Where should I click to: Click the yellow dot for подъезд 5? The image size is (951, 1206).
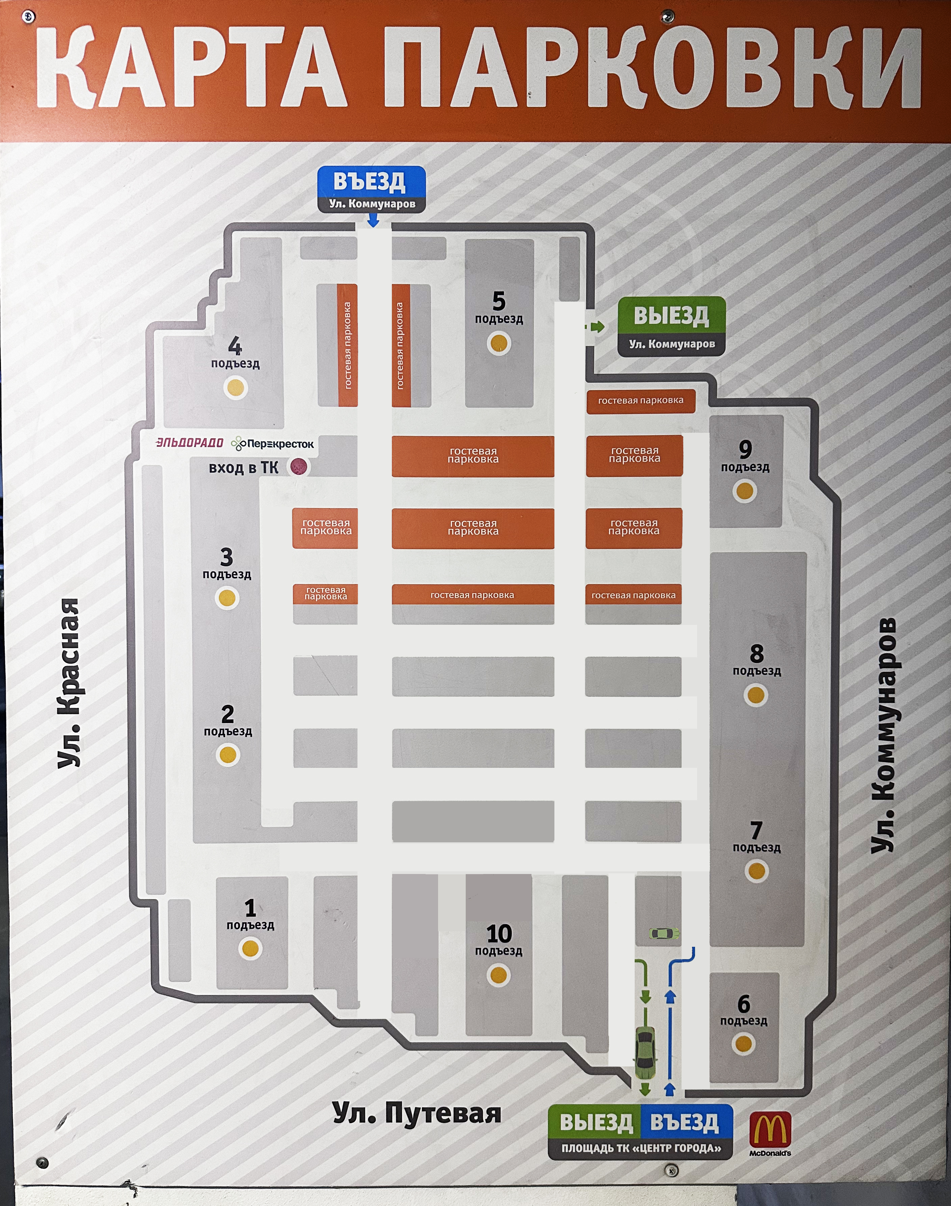point(498,343)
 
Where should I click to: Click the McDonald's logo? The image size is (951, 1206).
point(770,1134)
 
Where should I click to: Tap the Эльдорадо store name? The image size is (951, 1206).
point(189,443)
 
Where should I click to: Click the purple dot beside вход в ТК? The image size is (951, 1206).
point(299,466)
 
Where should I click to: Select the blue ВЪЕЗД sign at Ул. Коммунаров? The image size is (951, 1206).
point(371,189)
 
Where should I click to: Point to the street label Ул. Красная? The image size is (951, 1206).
point(69,684)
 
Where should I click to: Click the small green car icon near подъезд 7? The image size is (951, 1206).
point(664,933)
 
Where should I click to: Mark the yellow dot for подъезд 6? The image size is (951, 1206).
point(744,1044)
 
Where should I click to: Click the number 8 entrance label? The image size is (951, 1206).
point(757,653)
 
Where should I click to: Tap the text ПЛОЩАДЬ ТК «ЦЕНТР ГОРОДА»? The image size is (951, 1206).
point(641,1148)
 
